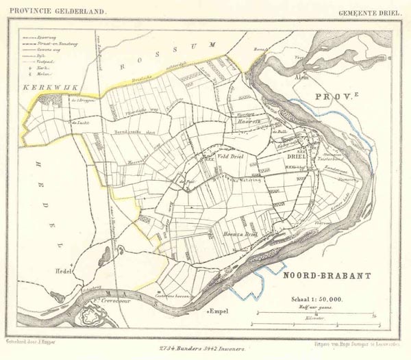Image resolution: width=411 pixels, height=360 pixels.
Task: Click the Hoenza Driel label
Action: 240,233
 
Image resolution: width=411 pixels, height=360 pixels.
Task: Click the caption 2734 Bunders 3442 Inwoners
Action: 206,349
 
